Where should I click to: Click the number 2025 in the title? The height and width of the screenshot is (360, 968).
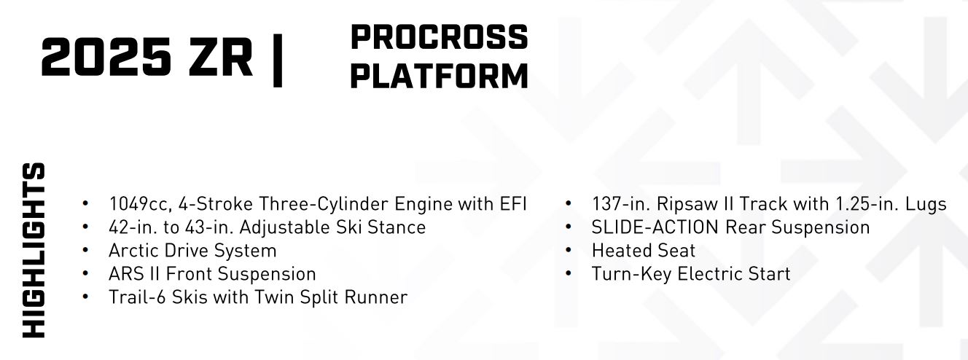point(106,57)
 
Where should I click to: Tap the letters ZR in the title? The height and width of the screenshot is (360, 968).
point(220,57)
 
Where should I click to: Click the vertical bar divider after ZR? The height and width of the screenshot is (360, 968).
point(278,60)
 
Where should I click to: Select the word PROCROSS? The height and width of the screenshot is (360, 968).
point(439,37)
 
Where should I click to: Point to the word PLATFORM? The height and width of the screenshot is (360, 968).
point(439,76)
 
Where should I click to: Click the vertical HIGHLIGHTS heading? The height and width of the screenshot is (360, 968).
point(34,250)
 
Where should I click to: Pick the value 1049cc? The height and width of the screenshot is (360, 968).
point(141,204)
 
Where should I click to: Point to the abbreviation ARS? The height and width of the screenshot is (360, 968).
point(126,274)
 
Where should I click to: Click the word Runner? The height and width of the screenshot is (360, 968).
point(375,297)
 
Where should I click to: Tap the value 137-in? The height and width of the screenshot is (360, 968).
point(620,204)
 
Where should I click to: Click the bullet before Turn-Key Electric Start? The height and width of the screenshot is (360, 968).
point(569,274)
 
